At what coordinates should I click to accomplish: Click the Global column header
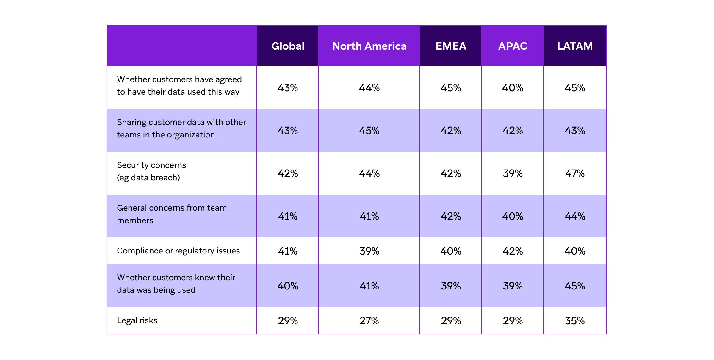[x=288, y=46]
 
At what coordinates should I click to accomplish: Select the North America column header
[x=369, y=46]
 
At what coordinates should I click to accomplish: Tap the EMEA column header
[x=451, y=46]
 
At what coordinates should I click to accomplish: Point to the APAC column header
[x=513, y=46]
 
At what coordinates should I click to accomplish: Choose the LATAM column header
[x=575, y=46]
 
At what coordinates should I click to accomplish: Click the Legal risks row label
[x=137, y=320]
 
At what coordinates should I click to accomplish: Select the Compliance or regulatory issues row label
[x=178, y=251]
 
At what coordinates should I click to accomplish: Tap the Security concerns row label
[x=151, y=165]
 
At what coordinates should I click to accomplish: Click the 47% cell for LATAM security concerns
[x=575, y=173]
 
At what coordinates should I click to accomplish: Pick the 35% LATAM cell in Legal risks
[x=575, y=321]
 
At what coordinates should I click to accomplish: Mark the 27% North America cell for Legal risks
[x=369, y=321]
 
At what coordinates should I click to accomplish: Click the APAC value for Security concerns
[x=513, y=173]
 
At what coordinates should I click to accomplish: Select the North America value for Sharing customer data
[x=369, y=131]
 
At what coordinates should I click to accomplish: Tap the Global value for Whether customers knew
[x=288, y=286]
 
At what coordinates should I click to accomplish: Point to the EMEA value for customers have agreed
[x=451, y=88]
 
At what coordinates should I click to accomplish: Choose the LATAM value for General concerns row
[x=575, y=216]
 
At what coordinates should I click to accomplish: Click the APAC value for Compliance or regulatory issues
[x=513, y=251]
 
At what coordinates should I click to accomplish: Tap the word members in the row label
[x=135, y=220]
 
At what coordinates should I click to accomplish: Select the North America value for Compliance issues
[x=369, y=251]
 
